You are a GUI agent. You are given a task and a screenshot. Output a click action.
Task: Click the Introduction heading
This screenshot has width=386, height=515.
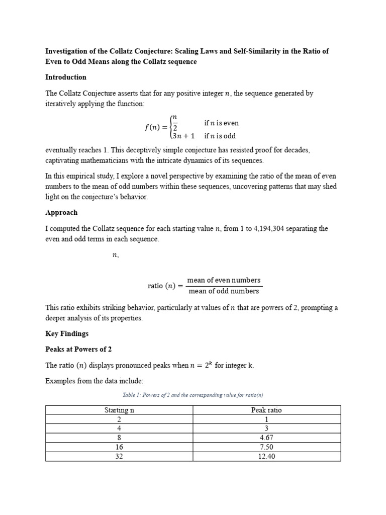[x=66, y=77]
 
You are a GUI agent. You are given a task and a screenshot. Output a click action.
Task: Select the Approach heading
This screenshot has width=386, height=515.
[x=61, y=213]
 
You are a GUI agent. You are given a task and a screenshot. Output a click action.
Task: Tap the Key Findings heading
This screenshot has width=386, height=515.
[x=67, y=333]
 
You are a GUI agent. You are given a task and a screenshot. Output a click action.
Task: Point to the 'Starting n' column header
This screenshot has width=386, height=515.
[x=119, y=410]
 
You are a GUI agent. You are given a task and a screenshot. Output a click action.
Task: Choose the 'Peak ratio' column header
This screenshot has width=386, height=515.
[x=266, y=410]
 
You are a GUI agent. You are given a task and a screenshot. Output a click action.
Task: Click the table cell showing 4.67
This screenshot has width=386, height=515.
[x=266, y=438]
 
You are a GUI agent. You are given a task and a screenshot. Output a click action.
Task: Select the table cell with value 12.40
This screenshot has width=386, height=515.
[x=266, y=457]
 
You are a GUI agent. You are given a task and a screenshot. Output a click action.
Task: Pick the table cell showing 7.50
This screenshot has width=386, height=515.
[x=266, y=447]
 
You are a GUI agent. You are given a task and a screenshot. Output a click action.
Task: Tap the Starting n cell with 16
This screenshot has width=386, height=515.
[x=119, y=447]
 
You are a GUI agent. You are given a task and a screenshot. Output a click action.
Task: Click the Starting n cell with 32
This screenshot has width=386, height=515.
[x=119, y=457]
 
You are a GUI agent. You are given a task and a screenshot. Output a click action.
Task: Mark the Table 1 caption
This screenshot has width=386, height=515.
[x=192, y=395]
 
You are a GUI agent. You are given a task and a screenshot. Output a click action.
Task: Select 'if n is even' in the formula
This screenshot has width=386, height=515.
[x=221, y=123]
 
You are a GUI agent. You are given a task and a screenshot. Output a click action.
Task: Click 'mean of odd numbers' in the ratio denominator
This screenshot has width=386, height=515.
[x=224, y=291]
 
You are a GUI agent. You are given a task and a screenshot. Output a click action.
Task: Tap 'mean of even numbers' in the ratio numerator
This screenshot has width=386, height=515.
[x=224, y=280]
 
